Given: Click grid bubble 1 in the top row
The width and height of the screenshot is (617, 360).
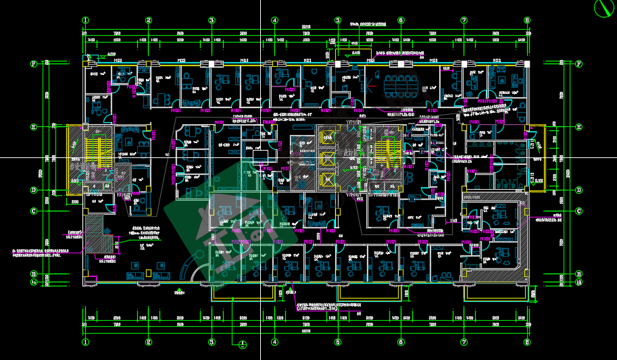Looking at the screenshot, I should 85,20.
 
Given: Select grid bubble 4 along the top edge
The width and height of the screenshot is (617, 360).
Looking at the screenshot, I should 274,20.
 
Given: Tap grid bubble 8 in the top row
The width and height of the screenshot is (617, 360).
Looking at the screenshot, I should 527,20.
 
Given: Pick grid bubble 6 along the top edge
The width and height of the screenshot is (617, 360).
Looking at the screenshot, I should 401,20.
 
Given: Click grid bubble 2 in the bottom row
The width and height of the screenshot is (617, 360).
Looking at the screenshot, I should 148,342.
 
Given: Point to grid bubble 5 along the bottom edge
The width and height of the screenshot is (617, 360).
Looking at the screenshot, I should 337,342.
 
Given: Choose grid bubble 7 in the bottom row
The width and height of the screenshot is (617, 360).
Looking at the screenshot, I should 464,342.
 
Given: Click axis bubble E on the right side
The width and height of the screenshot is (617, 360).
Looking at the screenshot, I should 579,127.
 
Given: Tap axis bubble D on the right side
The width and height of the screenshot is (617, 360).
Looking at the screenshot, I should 579,190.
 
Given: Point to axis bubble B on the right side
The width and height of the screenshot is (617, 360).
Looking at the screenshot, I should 579,274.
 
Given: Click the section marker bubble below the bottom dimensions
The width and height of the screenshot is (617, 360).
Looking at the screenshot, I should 243,345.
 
